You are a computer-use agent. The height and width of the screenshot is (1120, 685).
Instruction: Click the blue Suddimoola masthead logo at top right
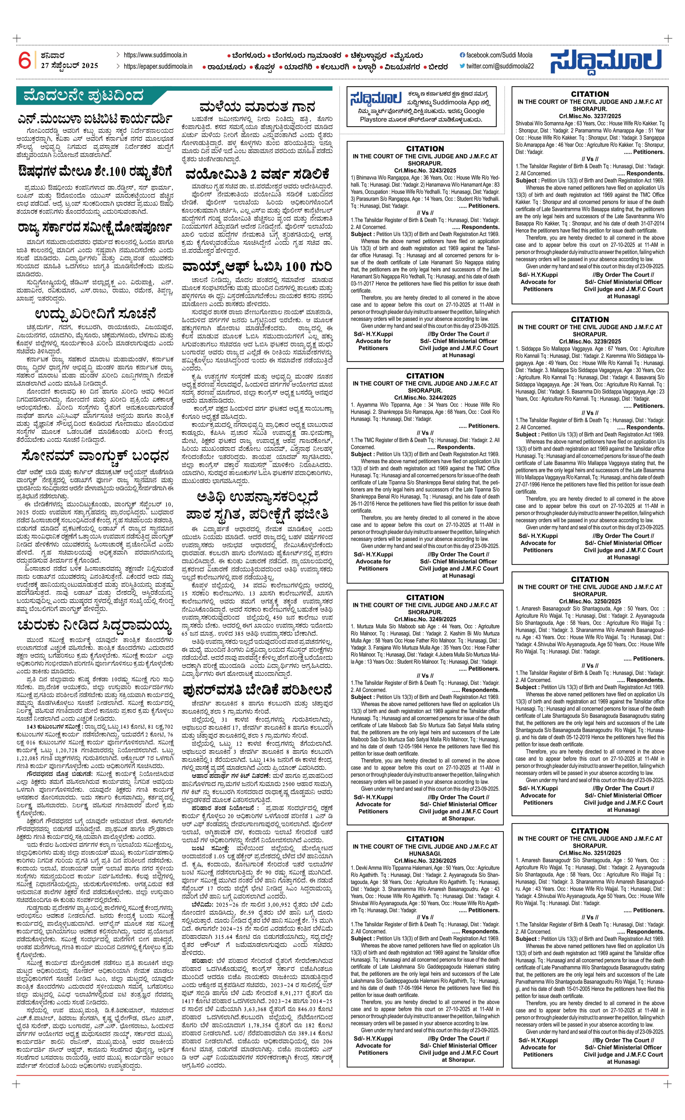(606, 61)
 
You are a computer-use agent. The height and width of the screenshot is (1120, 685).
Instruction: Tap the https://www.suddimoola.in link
(155, 55)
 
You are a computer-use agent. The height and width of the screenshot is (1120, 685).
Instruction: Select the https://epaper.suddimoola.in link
(158, 66)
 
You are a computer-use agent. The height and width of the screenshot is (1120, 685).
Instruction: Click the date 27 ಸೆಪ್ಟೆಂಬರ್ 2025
(69, 65)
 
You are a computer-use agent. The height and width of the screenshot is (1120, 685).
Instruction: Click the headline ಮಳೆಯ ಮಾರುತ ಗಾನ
(257, 107)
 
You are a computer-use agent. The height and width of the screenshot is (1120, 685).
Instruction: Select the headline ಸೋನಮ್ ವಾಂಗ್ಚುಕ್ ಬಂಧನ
(95, 456)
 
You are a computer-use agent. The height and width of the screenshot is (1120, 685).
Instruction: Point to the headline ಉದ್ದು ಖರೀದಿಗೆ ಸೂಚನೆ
(95, 314)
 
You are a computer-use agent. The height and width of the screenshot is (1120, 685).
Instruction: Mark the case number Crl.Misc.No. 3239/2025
(590, 341)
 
